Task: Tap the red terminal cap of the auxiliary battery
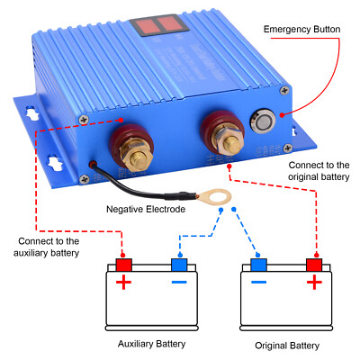123,265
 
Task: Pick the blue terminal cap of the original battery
259,265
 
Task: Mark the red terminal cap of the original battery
315,265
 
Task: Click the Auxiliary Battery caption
152,345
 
